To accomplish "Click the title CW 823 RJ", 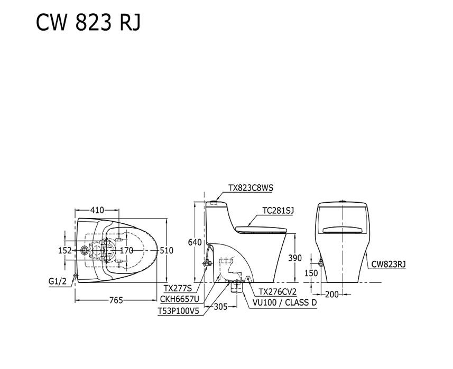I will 89,23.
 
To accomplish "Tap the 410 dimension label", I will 97,210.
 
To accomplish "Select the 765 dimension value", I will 116,300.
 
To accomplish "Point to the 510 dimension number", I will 167,251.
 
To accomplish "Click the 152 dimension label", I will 64,251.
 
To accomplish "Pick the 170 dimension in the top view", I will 126,251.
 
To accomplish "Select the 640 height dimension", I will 195,242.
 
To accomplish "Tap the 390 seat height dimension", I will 295,258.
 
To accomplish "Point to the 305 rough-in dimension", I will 221,306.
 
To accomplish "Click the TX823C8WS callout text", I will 251,187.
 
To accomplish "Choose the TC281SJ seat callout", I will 278,210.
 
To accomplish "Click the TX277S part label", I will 178,289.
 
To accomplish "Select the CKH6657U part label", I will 179,300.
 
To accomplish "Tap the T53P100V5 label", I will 178,311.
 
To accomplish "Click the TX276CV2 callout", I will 277,292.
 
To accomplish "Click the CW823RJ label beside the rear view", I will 389,264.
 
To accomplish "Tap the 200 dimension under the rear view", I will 331,295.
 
